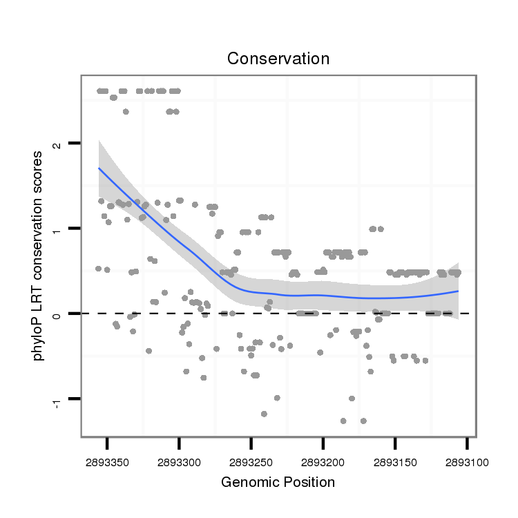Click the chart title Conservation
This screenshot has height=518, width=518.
pyautogui.click(x=278, y=59)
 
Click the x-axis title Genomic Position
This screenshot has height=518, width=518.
pyautogui.click(x=278, y=482)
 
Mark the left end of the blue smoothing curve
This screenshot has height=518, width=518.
pyautogui.click(x=99, y=168)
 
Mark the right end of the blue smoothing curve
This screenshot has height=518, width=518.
pyautogui.click(x=459, y=291)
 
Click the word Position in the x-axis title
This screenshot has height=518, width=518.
pyautogui.click(x=306, y=482)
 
